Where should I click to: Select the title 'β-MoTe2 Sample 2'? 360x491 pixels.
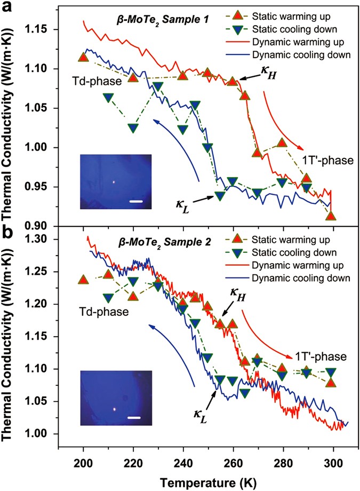154,241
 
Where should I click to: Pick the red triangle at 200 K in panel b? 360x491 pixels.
83,280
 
